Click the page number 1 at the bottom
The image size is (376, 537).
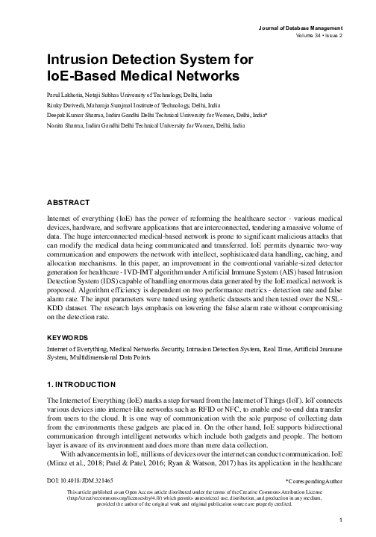(x=340, y=520)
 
